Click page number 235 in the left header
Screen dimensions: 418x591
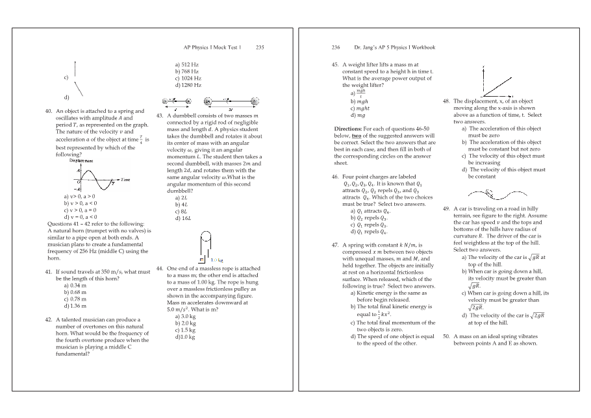click(260, 47)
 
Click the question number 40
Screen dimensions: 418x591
click(49, 111)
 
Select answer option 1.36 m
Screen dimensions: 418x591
click(74, 305)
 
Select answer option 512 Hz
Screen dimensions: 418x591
click(186, 65)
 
